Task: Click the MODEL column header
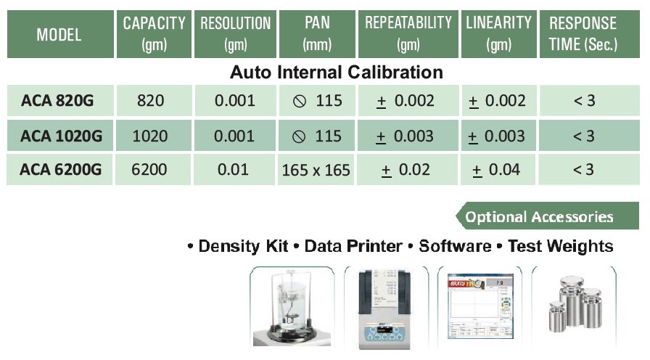click(59, 34)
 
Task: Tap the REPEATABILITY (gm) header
click(408, 34)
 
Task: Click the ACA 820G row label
click(57, 101)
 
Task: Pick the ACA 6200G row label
click(60, 170)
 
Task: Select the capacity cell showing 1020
click(150, 136)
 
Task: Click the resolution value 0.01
click(233, 170)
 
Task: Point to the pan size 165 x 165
click(316, 170)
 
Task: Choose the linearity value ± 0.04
click(496, 170)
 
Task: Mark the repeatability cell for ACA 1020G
click(405, 136)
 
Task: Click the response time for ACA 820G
click(585, 101)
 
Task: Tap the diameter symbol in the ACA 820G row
click(300, 101)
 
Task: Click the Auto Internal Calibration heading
click(336, 72)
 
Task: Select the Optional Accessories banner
click(547, 216)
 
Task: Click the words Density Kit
click(243, 246)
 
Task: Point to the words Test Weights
click(561, 246)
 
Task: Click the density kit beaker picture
click(292, 307)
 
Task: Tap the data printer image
click(385, 308)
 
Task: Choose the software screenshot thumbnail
click(480, 306)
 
